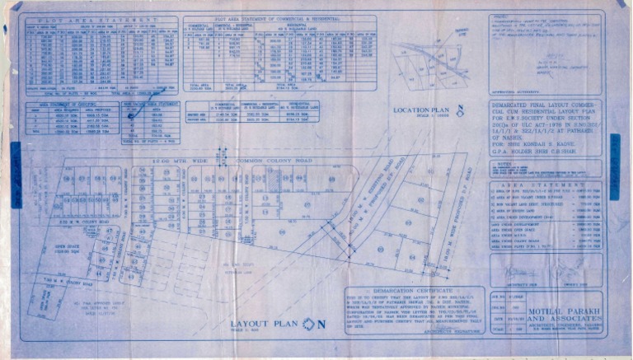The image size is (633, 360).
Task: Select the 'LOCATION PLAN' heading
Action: [421, 110]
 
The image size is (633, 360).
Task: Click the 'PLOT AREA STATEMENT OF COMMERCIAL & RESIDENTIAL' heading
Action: [279, 18]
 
